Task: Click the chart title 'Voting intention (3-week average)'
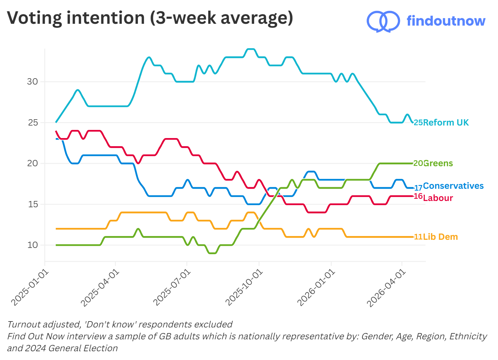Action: click(150, 18)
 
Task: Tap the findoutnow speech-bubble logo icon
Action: click(383, 21)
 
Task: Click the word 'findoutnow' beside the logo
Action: click(446, 21)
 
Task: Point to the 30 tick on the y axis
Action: click(32, 82)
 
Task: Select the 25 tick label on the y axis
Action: click(33, 123)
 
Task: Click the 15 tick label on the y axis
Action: click(33, 204)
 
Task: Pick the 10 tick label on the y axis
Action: click(33, 245)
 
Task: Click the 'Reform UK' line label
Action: click(445, 122)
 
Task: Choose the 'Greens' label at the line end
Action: click(438, 163)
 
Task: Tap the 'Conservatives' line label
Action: click(453, 186)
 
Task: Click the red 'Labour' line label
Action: click(438, 198)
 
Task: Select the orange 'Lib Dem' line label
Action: click(440, 237)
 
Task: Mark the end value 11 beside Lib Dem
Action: click(418, 237)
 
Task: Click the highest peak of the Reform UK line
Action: click(251, 49)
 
